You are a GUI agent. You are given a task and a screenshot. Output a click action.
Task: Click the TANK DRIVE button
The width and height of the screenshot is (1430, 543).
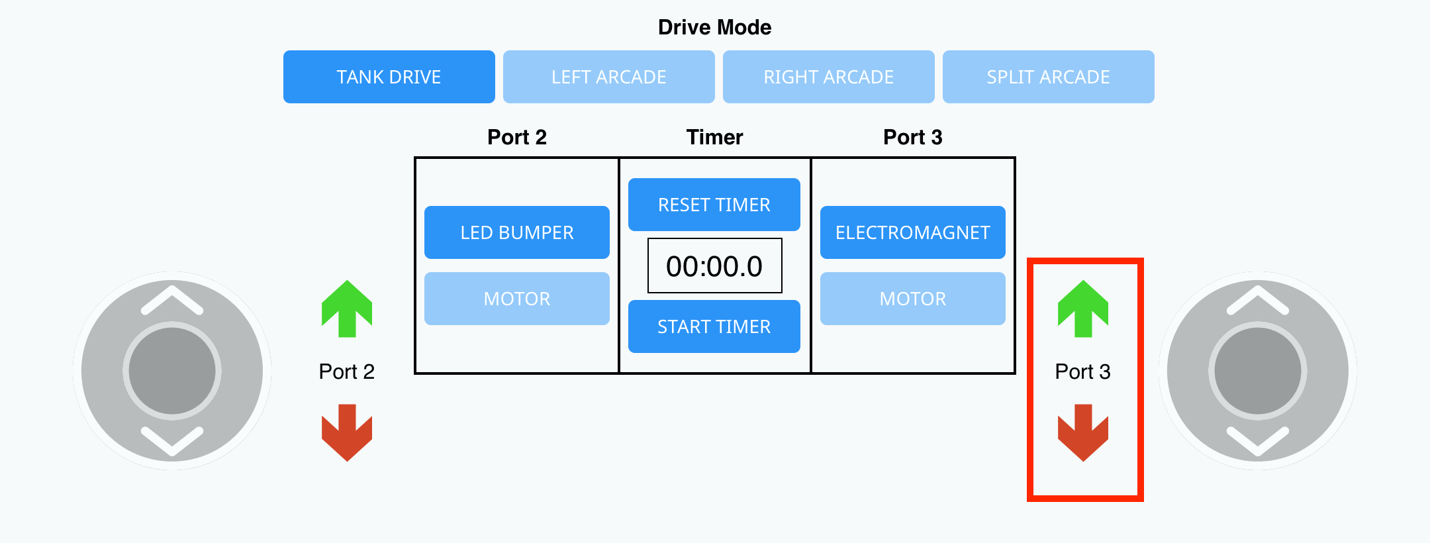coord(389,77)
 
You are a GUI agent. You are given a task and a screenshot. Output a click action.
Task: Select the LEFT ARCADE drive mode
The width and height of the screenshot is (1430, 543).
coord(608,77)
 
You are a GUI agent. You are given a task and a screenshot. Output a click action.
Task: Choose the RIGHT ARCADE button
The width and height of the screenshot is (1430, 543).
coord(828,77)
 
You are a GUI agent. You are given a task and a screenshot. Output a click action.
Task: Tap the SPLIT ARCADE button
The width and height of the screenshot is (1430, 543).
coord(1048,77)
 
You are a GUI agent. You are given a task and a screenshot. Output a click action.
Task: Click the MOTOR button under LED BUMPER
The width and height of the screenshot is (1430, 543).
coord(516,299)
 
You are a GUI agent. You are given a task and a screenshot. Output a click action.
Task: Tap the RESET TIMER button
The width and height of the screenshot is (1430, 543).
coord(714,205)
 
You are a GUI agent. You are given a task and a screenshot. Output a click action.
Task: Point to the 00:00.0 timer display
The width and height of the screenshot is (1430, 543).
coord(714,266)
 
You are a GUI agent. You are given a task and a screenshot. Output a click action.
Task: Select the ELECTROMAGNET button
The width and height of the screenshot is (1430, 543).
coord(912,232)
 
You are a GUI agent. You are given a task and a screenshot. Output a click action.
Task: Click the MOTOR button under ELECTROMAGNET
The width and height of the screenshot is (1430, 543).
coord(912,299)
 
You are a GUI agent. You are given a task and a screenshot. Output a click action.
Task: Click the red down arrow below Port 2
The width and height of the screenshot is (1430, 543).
coord(347,432)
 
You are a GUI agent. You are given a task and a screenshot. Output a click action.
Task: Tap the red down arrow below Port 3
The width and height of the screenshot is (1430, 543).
coord(1083,432)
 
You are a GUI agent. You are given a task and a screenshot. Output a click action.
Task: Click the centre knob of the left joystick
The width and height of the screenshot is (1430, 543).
coord(172,371)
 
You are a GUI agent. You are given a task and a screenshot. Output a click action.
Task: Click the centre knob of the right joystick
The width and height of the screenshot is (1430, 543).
coord(1258,371)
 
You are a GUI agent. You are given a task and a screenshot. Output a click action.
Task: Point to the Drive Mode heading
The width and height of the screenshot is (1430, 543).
coord(714,27)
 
